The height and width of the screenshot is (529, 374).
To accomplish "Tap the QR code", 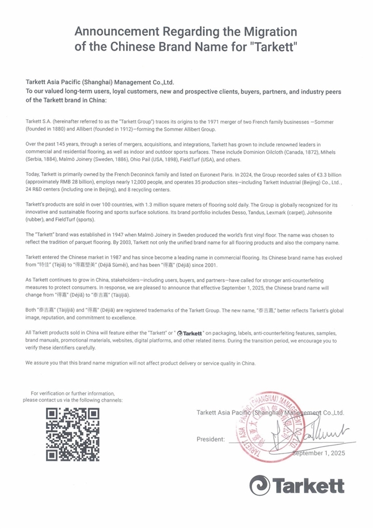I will [x=72, y=435].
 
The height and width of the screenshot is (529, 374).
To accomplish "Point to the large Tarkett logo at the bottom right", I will [x=297, y=485].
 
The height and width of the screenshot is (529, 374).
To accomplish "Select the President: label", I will [x=211, y=439].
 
